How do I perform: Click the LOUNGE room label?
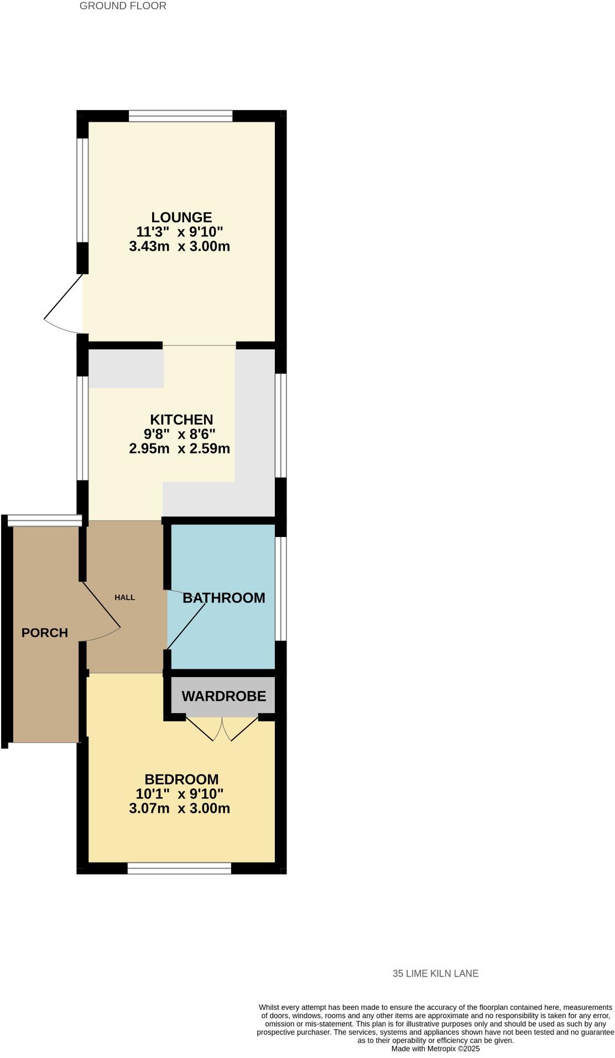181,217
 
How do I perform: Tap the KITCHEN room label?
181,420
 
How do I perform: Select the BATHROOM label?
224,598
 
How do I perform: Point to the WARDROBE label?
224,696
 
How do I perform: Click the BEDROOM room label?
181,780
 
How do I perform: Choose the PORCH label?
45,632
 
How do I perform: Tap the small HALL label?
124,597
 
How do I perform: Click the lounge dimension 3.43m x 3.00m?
179,246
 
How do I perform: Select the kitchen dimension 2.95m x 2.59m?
179,448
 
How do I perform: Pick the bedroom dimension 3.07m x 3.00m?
179,808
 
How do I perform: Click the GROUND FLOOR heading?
123,6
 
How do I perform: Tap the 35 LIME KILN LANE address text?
435,973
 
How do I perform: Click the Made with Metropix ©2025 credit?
435,1049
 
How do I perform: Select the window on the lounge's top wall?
180,116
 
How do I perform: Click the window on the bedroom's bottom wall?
179,868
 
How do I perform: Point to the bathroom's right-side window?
281,589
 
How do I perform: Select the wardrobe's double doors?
222,729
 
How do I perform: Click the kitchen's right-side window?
281,425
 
